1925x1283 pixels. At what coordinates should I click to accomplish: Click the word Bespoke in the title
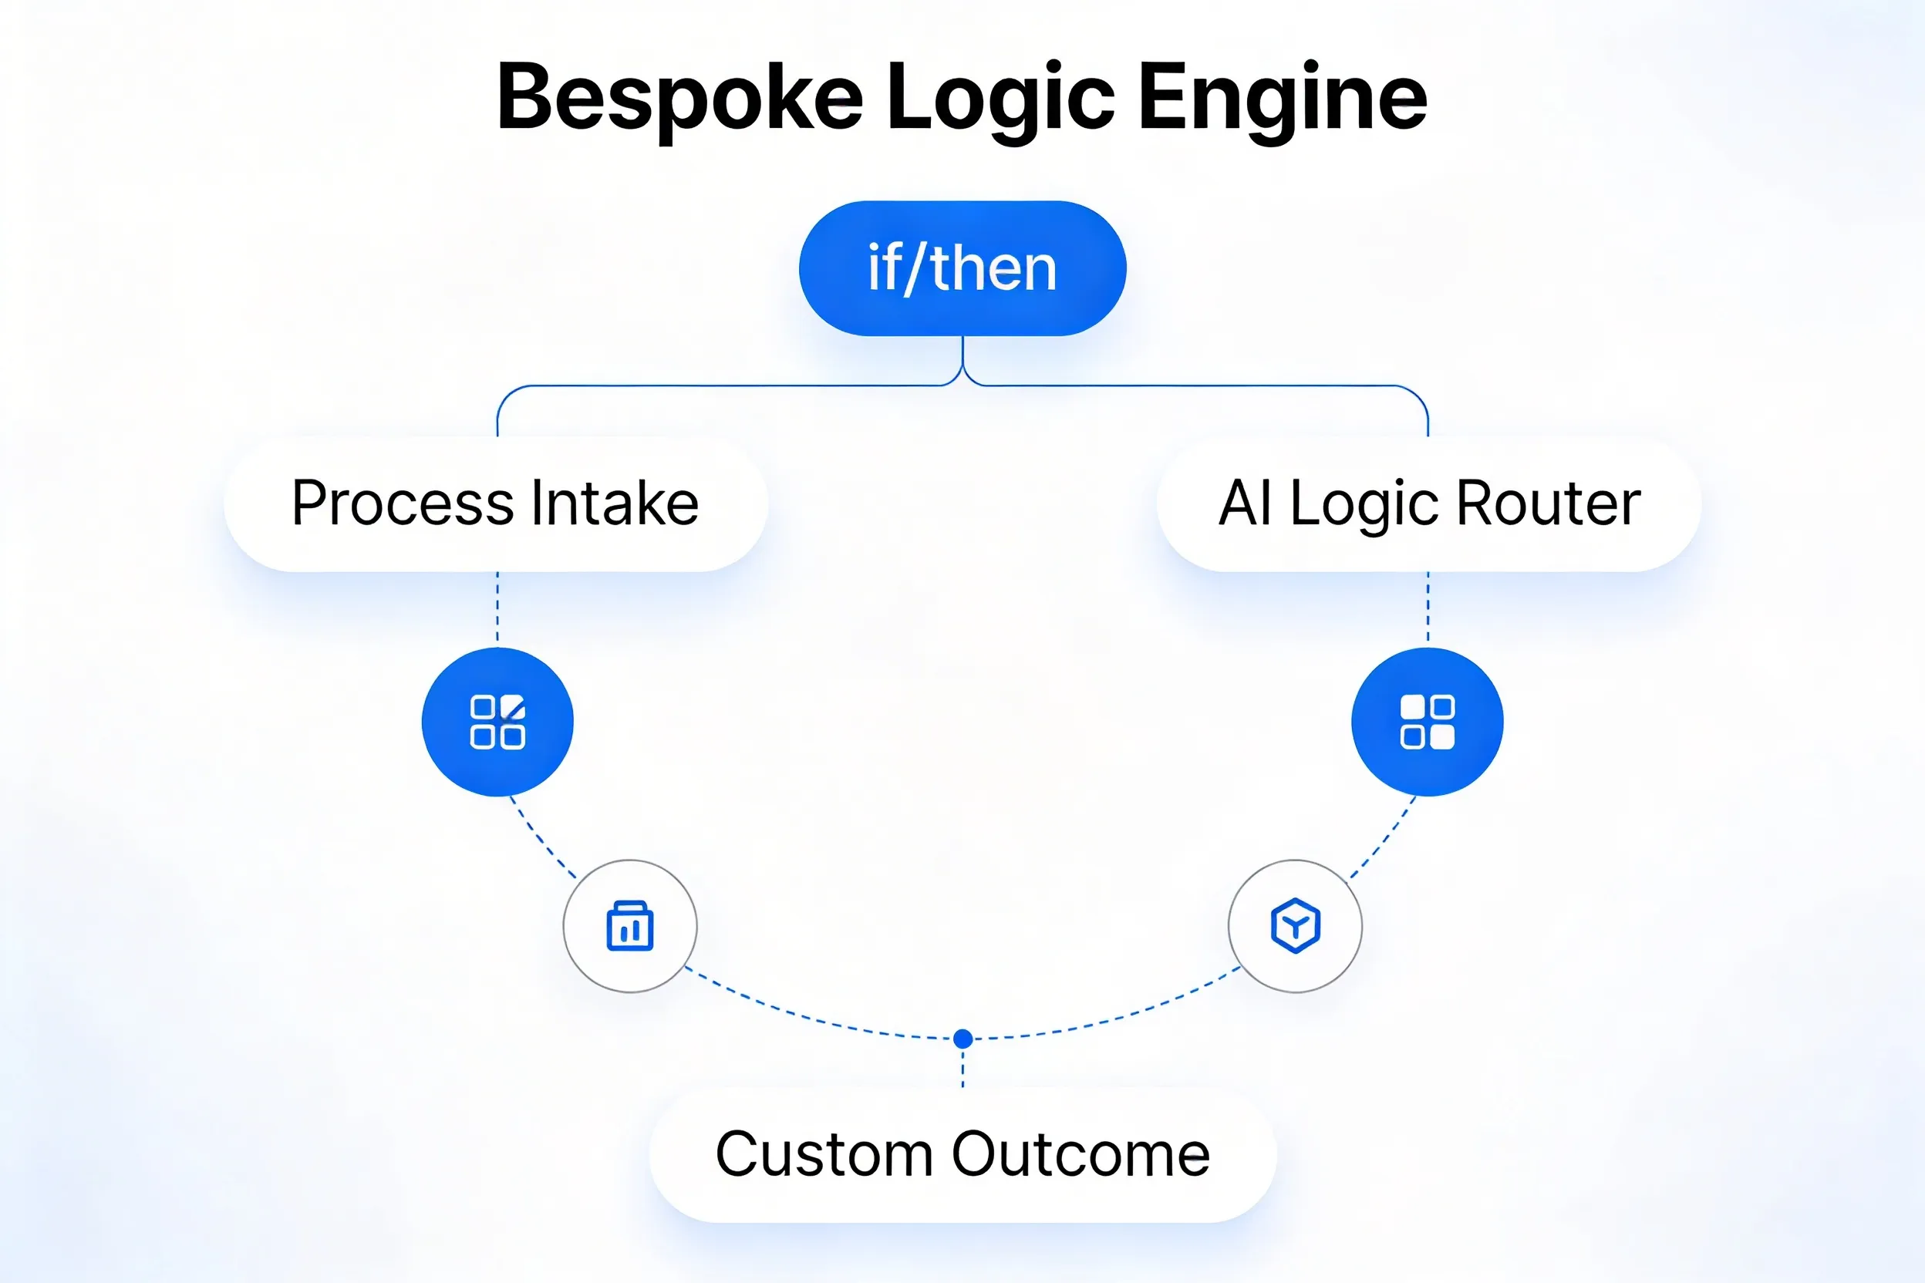pyautogui.click(x=679, y=98)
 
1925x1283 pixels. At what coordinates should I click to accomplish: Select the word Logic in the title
pyautogui.click(x=1000, y=98)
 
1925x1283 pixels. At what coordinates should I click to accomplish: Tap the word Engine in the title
pyautogui.click(x=1282, y=98)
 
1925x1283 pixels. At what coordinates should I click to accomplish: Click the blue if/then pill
pyautogui.click(x=962, y=268)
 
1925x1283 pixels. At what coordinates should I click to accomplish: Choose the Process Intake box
pyautogui.click(x=496, y=504)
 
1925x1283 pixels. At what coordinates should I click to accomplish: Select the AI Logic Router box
pyautogui.click(x=1429, y=504)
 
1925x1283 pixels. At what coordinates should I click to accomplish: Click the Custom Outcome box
pyautogui.click(x=962, y=1154)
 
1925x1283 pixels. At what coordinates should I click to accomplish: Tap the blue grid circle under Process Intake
pyautogui.click(x=497, y=722)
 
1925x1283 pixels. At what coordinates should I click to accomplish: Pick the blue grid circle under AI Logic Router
pyautogui.click(x=1428, y=722)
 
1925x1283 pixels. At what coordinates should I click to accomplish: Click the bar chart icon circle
pyautogui.click(x=630, y=926)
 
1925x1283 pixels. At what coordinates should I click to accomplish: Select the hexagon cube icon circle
pyautogui.click(x=1295, y=926)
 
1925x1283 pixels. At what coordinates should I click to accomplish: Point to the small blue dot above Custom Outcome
pyautogui.click(x=963, y=1039)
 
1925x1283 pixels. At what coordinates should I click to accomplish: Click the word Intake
pyautogui.click(x=615, y=503)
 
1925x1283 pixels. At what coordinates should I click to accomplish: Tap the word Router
pyautogui.click(x=1549, y=503)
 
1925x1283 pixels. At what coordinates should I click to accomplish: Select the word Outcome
pyautogui.click(x=1080, y=1154)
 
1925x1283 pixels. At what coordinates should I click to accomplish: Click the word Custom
pyautogui.click(x=824, y=1154)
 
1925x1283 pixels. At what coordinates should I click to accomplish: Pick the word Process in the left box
pyautogui.click(x=403, y=503)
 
